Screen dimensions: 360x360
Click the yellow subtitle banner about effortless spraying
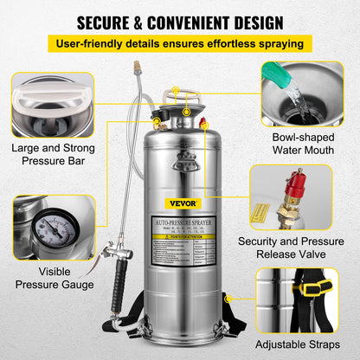[x=179, y=43]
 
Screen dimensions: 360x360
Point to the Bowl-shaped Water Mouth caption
[x=302, y=141]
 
